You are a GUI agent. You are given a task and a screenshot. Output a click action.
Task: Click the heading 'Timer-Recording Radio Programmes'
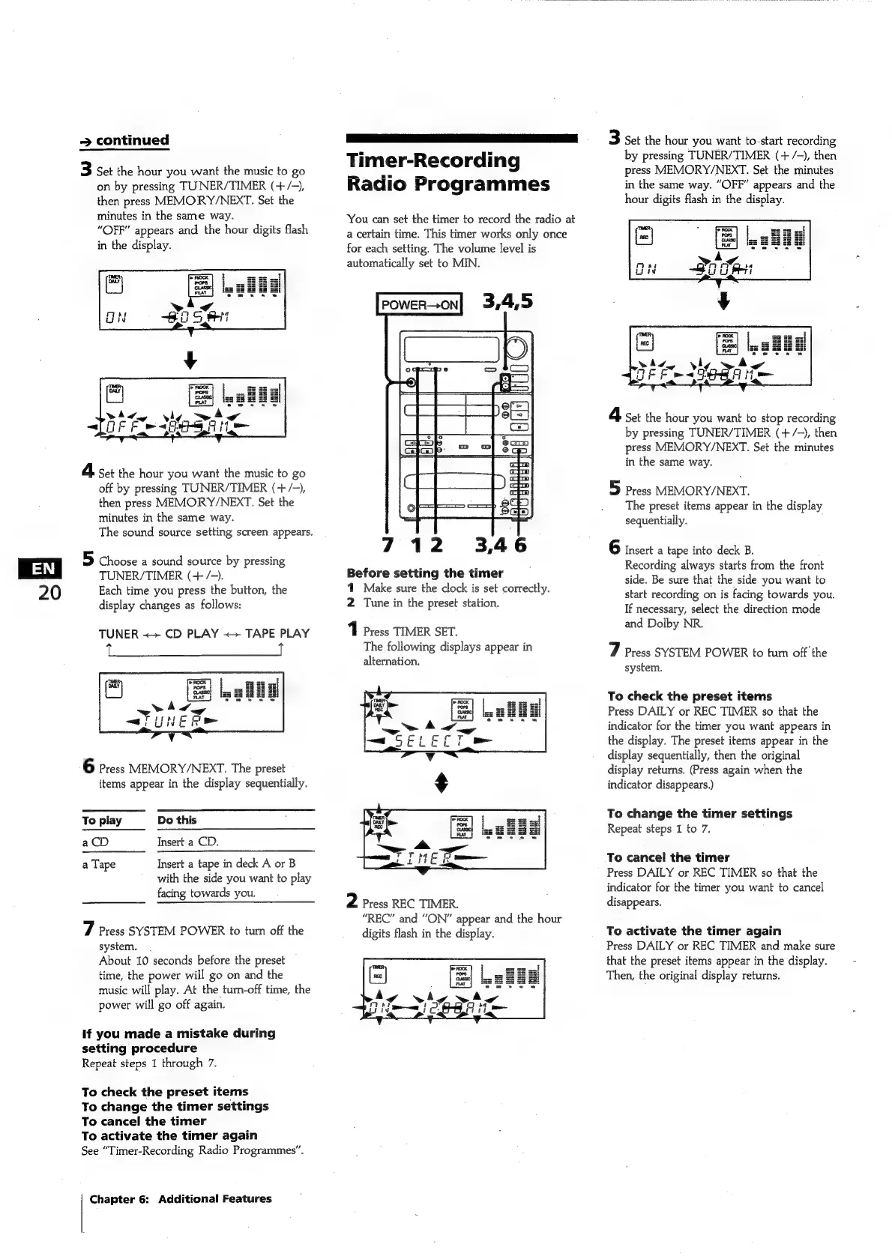coord(447,172)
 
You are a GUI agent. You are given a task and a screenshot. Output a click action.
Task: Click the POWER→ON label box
coord(419,304)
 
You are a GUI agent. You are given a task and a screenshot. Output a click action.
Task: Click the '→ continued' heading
coord(125,140)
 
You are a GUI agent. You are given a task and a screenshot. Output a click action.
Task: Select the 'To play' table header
coord(102,820)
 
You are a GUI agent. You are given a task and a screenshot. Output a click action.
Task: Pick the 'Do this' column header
coord(177,820)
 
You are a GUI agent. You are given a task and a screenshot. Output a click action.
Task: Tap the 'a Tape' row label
coord(99,864)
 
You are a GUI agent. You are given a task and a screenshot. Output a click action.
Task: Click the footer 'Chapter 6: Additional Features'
coord(180,1198)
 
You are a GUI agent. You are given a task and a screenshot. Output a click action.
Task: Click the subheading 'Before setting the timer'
coord(424,573)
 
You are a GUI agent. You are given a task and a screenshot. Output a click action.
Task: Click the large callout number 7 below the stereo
coord(387,545)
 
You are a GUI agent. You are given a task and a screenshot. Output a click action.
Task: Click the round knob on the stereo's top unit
coord(516,348)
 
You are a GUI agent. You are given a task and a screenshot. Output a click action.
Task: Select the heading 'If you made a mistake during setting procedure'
coord(178,1040)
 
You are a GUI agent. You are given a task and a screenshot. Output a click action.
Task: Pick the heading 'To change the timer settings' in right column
coord(699,813)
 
